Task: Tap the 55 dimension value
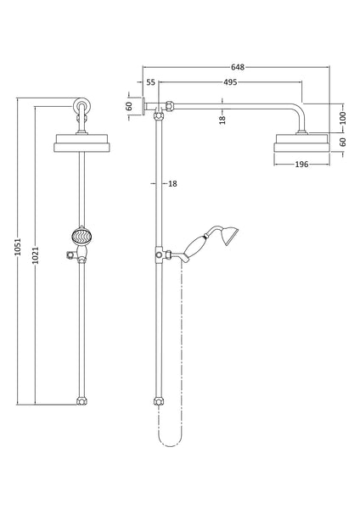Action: pos(150,82)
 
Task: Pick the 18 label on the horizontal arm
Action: pos(222,120)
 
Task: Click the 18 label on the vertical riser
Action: pos(172,183)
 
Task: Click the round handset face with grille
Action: pos(80,236)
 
